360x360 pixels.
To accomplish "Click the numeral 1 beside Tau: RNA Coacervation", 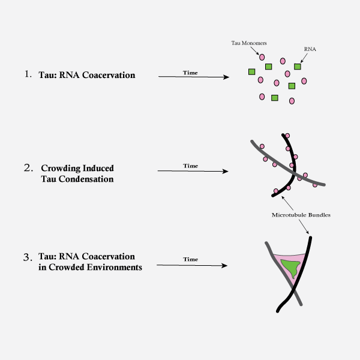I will (x=27, y=74).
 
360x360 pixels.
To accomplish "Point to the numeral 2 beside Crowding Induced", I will (x=27, y=167).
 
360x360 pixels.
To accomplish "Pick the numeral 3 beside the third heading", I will (x=27, y=257).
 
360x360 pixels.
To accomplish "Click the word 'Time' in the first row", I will (x=190, y=73).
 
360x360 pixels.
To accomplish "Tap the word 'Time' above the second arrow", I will (x=190, y=166).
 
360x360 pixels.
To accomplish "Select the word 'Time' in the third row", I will (x=190, y=259).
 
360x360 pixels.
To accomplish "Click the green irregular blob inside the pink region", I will (x=291, y=268).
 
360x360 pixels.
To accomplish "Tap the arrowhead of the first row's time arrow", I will (x=226, y=77).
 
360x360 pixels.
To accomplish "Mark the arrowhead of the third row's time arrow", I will (x=226, y=265).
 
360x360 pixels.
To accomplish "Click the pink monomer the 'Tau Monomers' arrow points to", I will (x=262, y=57).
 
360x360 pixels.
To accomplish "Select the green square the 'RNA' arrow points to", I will (x=297, y=66).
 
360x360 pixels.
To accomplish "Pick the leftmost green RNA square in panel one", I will (x=252, y=72).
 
